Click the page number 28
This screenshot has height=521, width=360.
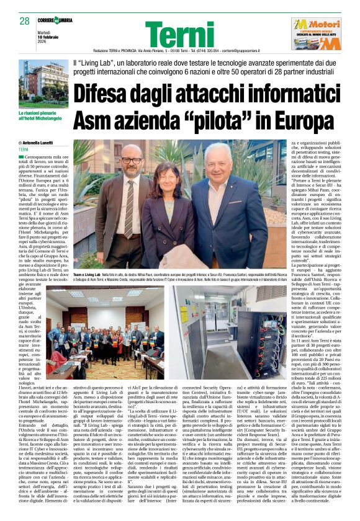coord(25,20)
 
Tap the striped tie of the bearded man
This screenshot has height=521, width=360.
coord(129,211)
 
